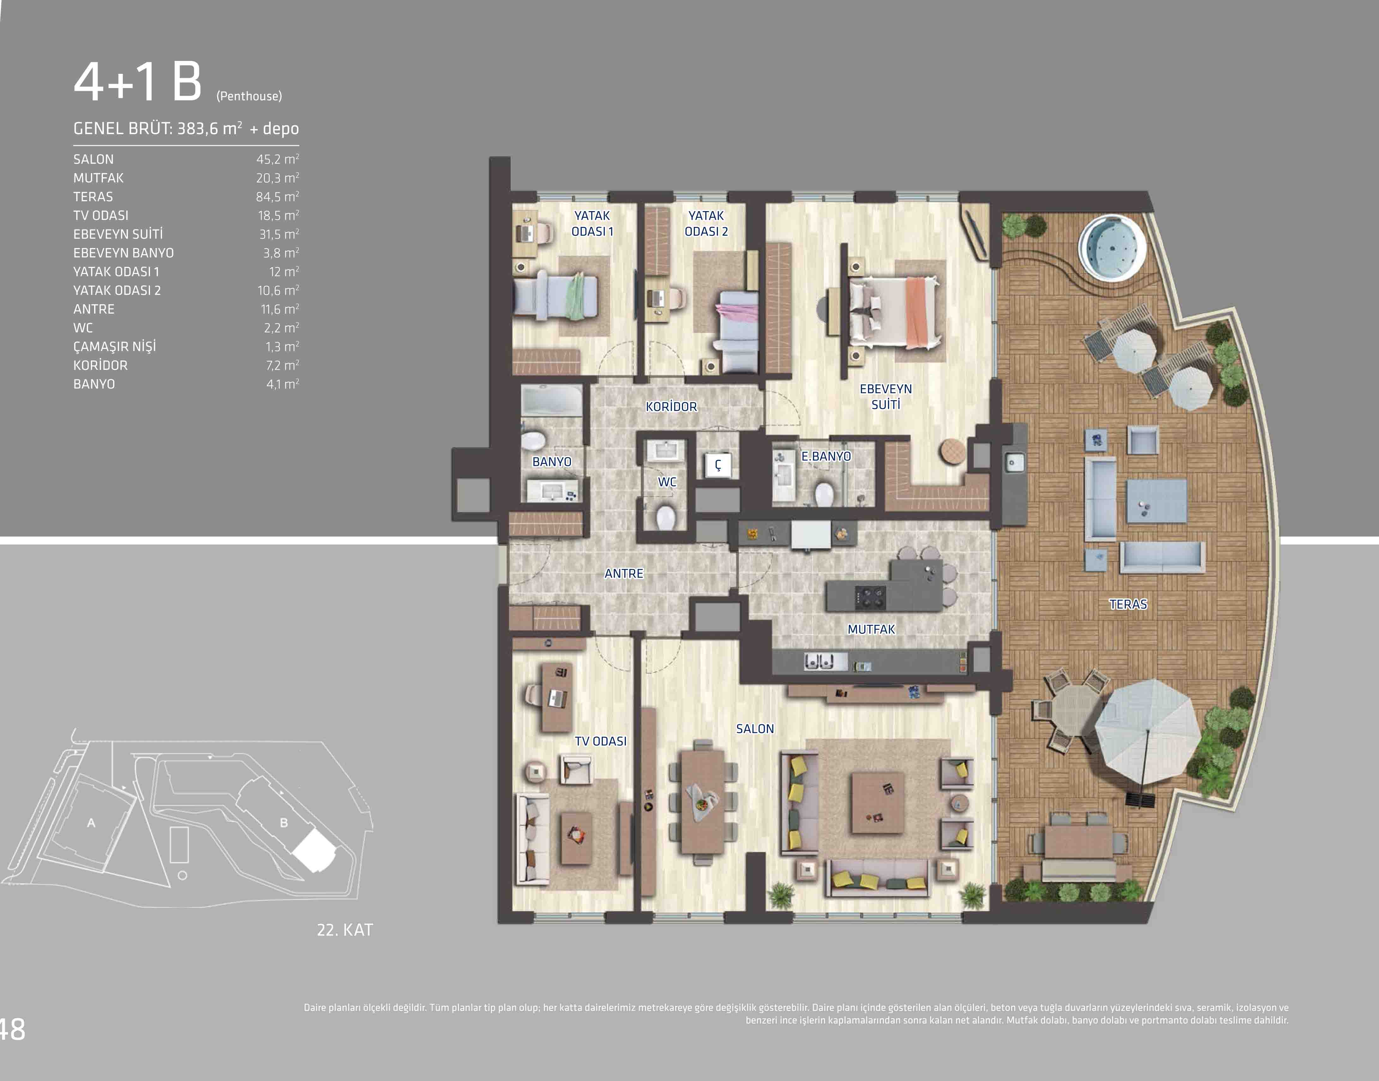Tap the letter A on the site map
coord(91,823)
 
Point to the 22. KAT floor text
coord(345,930)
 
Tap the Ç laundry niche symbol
coord(718,465)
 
